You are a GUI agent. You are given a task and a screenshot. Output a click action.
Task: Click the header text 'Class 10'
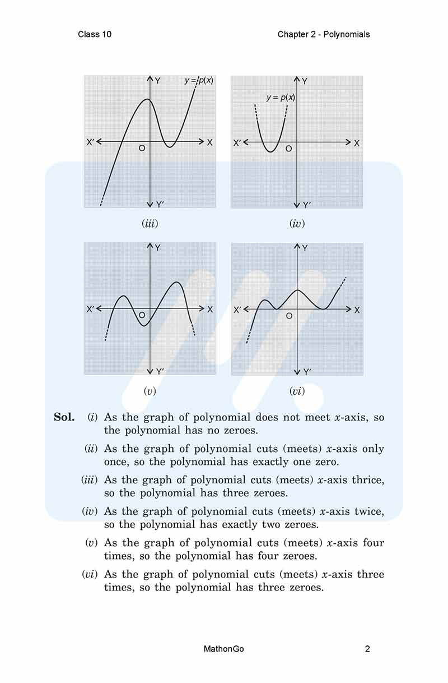95,34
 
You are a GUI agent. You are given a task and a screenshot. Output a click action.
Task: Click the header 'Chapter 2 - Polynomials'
324,34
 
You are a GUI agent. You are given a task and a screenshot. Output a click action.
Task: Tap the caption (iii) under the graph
150,224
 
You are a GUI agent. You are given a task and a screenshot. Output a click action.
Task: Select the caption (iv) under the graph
297,224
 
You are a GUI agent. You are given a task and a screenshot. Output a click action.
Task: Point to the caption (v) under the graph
150,391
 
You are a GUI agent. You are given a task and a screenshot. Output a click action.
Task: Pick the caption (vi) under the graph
297,391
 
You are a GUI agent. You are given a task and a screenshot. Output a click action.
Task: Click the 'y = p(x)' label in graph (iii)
199,81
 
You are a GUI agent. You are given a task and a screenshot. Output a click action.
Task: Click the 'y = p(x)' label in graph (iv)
281,98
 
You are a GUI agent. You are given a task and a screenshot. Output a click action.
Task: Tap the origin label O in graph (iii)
142,148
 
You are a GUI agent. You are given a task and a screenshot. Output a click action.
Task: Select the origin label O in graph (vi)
289,316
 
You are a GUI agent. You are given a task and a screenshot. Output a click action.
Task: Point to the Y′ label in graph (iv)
306,205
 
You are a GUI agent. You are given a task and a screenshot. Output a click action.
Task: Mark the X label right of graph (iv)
357,143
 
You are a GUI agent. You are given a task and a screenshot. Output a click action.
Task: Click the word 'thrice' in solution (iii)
368,480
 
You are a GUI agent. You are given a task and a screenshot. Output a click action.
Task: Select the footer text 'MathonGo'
224,649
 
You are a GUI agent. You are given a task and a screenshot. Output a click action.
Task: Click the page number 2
367,649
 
